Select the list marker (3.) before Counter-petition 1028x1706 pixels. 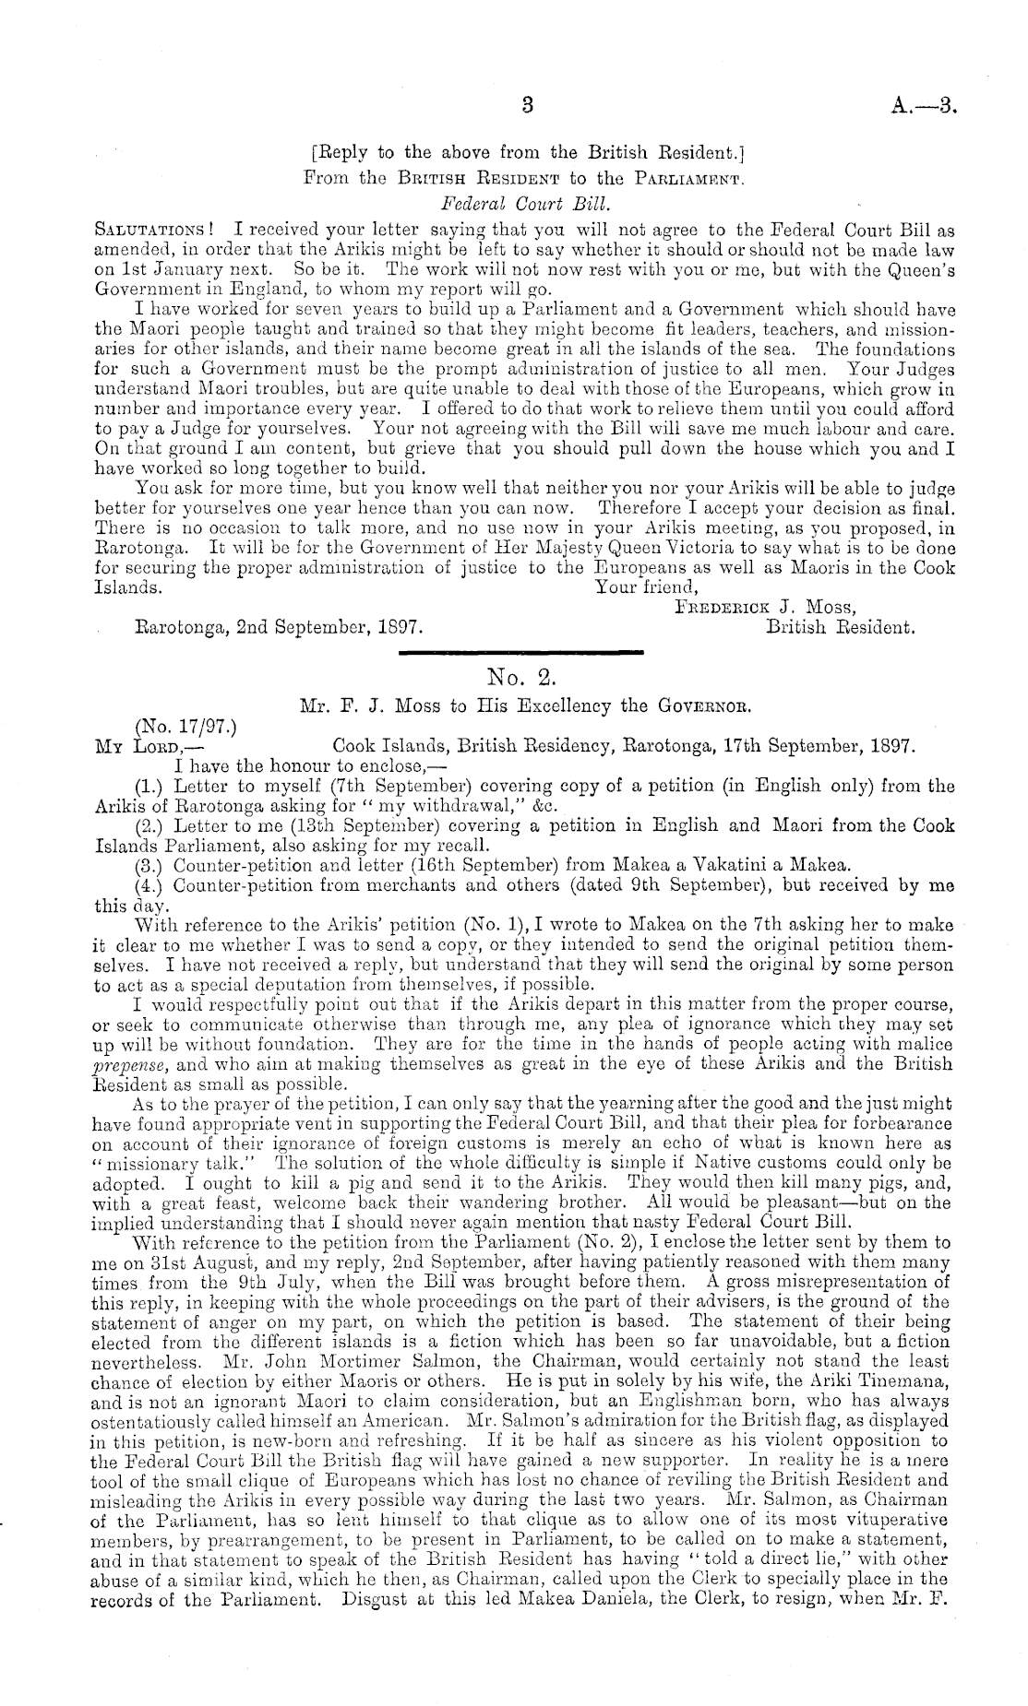coord(148,865)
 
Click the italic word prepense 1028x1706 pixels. coord(126,1063)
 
